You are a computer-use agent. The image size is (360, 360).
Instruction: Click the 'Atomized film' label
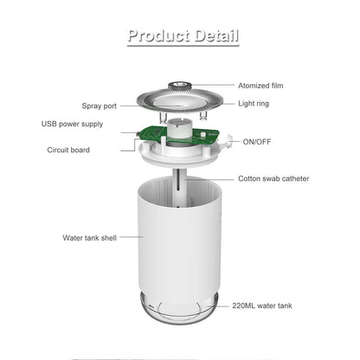click(x=265, y=85)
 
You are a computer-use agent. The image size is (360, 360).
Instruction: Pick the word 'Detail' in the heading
click(x=209, y=35)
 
